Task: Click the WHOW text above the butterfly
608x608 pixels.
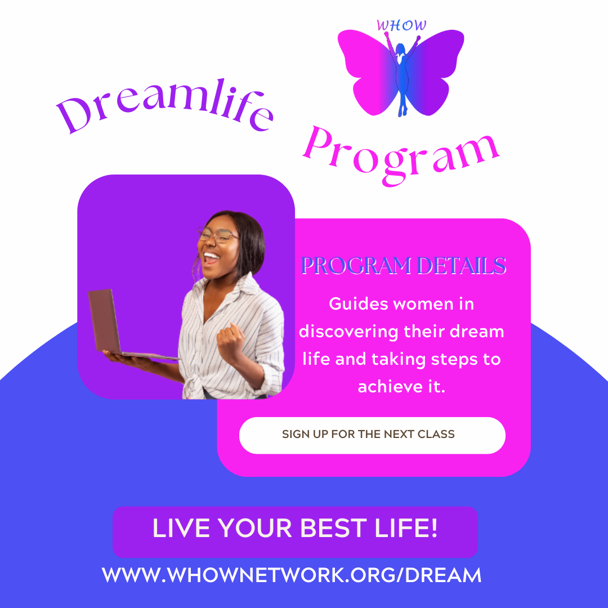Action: tap(401, 25)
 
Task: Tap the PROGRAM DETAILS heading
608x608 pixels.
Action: tap(403, 266)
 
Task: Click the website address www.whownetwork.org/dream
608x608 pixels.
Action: tap(292, 575)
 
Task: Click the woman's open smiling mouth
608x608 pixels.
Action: tap(211, 258)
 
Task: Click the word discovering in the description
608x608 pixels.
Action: tap(349, 332)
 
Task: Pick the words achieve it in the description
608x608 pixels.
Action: tap(401, 387)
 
